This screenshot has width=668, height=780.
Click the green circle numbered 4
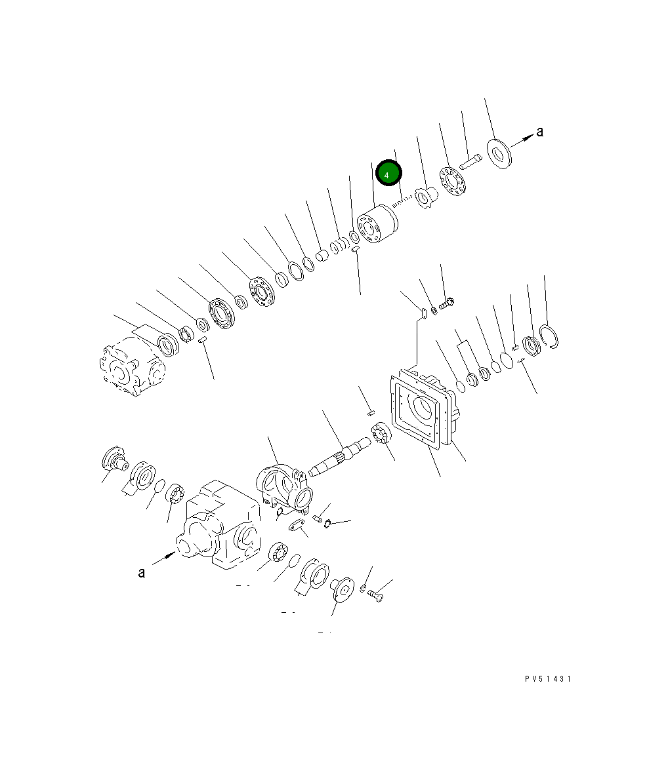388,173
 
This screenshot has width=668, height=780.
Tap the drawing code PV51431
547,678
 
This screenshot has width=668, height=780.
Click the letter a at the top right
539,131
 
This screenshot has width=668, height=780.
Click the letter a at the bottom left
142,573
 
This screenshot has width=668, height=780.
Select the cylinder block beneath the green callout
377,224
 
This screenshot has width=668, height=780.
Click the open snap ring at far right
550,337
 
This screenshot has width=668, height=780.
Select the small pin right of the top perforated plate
470,162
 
